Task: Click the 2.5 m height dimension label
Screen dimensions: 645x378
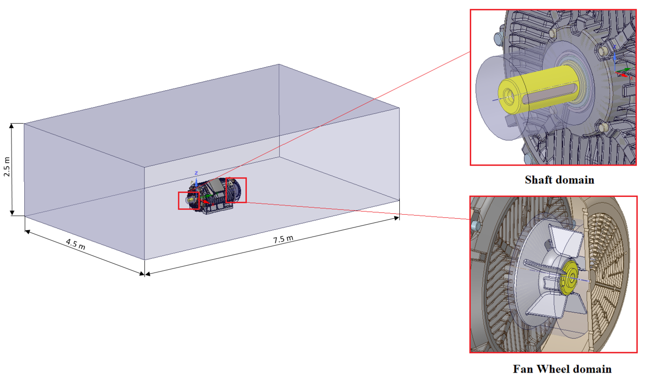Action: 7,167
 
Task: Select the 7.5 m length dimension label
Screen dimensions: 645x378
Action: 283,239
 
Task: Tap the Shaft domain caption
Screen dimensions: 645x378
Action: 559,180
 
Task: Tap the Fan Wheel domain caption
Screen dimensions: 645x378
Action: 562,369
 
